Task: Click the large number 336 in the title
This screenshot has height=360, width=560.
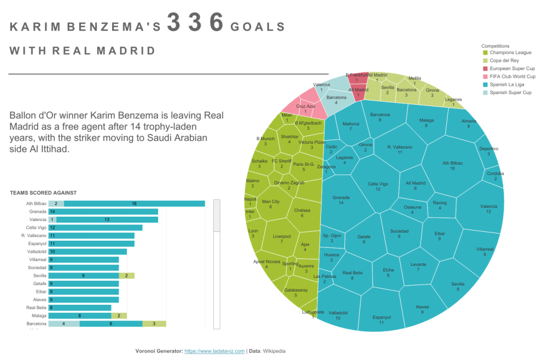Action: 195,24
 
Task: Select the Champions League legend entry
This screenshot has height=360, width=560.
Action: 510,53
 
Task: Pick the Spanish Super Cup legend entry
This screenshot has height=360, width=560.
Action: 510,92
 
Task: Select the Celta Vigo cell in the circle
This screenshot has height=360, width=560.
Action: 377,187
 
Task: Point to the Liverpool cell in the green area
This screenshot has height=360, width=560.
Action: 281,239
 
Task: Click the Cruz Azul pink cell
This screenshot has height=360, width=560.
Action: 305,108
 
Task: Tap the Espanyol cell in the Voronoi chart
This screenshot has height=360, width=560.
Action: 381,320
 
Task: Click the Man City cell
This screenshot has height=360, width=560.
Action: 271,204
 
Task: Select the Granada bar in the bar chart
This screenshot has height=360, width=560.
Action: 103,211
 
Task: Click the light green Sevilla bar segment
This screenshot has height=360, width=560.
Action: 126,276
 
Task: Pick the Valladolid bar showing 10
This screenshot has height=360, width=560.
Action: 87,252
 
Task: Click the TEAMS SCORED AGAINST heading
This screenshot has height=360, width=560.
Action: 43,193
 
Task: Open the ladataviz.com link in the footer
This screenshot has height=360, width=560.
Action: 214,351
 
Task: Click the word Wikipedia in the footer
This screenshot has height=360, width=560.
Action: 275,351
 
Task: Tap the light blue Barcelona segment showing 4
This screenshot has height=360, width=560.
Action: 64,324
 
